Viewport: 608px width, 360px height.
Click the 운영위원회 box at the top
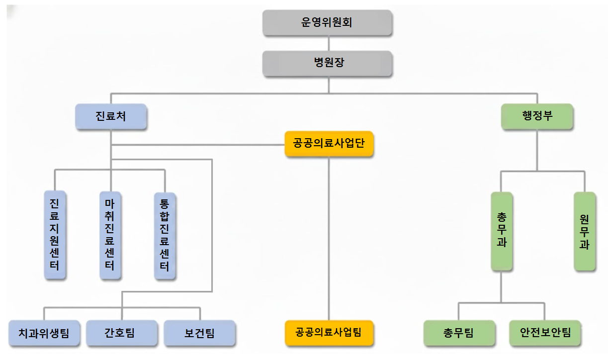(x=328, y=23)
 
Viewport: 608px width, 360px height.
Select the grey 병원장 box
(x=328, y=63)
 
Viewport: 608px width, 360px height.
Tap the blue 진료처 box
(x=111, y=116)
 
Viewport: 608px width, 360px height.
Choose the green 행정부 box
(x=537, y=116)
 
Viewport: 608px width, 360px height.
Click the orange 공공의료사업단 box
(x=329, y=144)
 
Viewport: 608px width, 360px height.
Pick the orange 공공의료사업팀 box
(x=329, y=332)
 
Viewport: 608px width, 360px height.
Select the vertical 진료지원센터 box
(x=55, y=234)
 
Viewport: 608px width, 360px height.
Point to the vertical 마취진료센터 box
(x=110, y=234)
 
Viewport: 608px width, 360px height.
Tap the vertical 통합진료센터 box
(x=165, y=234)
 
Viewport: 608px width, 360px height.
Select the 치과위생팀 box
(x=44, y=333)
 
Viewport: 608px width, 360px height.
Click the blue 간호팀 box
(x=122, y=333)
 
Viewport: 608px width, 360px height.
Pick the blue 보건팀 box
(x=200, y=333)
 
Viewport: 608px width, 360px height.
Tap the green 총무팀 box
(x=459, y=333)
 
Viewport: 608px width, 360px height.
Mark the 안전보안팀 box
(x=545, y=333)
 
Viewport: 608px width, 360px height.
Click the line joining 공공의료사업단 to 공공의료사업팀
(x=329, y=239)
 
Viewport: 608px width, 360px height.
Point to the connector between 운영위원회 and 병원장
(x=328, y=43)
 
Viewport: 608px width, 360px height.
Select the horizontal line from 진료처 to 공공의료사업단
(x=199, y=145)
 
